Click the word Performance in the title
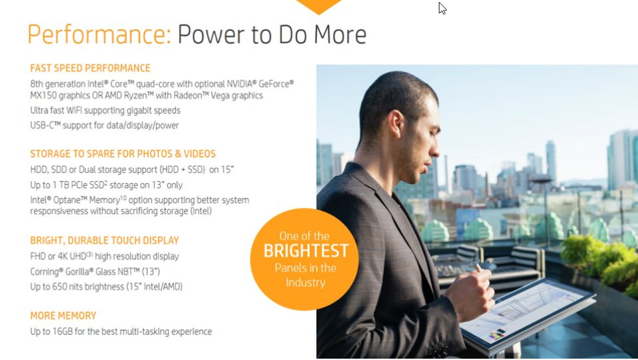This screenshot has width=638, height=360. tap(99, 34)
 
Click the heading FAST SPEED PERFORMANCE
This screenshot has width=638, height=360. tap(90, 68)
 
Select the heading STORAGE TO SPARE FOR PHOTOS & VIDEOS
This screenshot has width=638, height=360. tap(123, 154)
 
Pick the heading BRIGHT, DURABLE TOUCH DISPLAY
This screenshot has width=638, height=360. tap(105, 240)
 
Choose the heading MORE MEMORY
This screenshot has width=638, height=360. tap(63, 316)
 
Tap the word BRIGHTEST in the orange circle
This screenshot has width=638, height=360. tap(306, 251)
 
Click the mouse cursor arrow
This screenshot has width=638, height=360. tap(442, 8)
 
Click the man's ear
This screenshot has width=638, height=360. tap(396, 124)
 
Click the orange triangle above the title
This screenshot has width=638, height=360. tap(318, 7)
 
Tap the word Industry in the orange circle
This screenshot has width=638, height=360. tap(306, 283)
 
